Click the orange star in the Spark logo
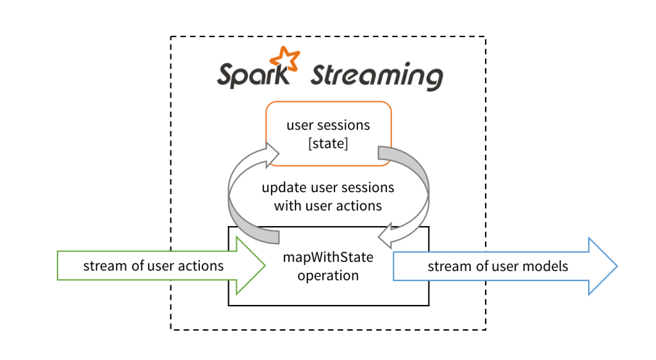284,60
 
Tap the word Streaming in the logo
376,76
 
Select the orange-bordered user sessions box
328,133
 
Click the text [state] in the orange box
328,144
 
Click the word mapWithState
328,258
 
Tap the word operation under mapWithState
328,276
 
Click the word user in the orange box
299,126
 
